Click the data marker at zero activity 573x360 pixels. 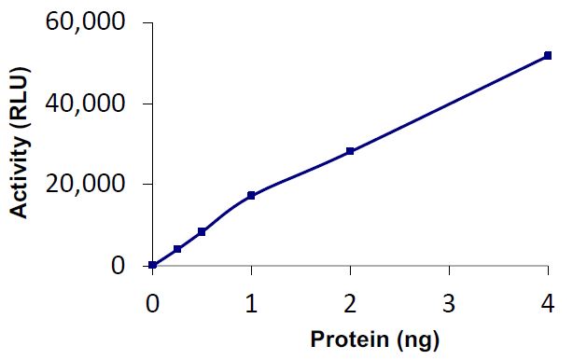(152, 265)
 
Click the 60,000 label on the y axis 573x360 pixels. (85, 22)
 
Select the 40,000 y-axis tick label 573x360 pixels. (85, 104)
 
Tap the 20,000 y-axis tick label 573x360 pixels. (85, 185)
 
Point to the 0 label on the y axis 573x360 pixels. (118, 266)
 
